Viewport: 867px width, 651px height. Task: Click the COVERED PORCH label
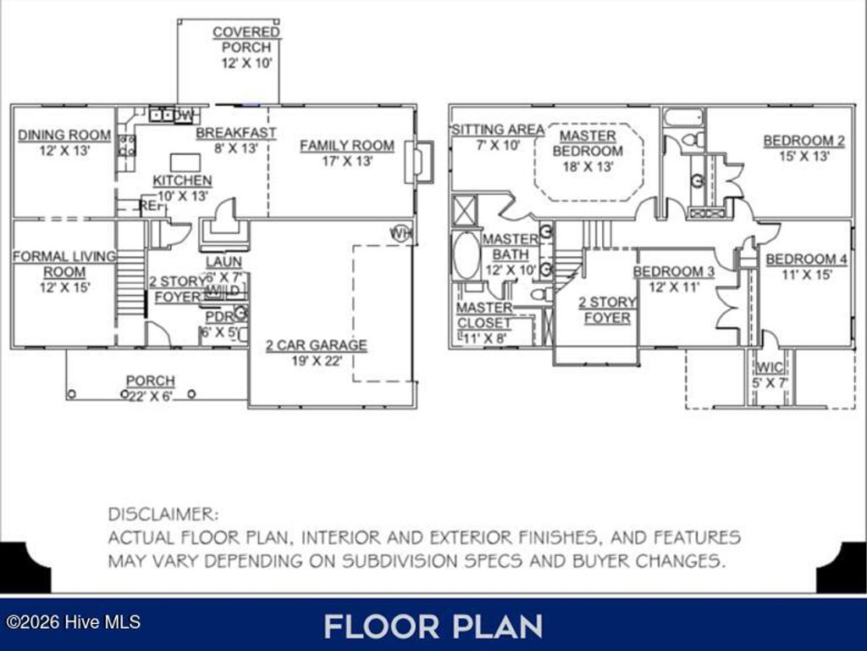pyautogui.click(x=246, y=40)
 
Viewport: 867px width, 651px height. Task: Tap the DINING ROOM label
pyautogui.click(x=64, y=135)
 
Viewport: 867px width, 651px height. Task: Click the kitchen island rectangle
pyautogui.click(x=185, y=162)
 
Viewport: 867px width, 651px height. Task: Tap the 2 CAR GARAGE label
pyautogui.click(x=317, y=345)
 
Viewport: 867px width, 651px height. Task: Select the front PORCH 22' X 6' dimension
pyautogui.click(x=150, y=396)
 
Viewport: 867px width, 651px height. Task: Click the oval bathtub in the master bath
pyautogui.click(x=466, y=256)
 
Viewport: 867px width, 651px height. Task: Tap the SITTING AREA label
pyautogui.click(x=498, y=130)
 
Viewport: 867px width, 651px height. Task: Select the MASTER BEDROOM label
pyautogui.click(x=588, y=143)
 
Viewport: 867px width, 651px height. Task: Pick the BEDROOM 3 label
pyautogui.click(x=674, y=271)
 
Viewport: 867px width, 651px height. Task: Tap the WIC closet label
pyautogui.click(x=770, y=368)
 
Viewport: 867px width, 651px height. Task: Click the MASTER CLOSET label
pyautogui.click(x=484, y=314)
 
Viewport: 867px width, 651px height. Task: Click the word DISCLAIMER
pyautogui.click(x=163, y=515)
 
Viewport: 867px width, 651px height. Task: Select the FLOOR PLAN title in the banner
pyautogui.click(x=433, y=626)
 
